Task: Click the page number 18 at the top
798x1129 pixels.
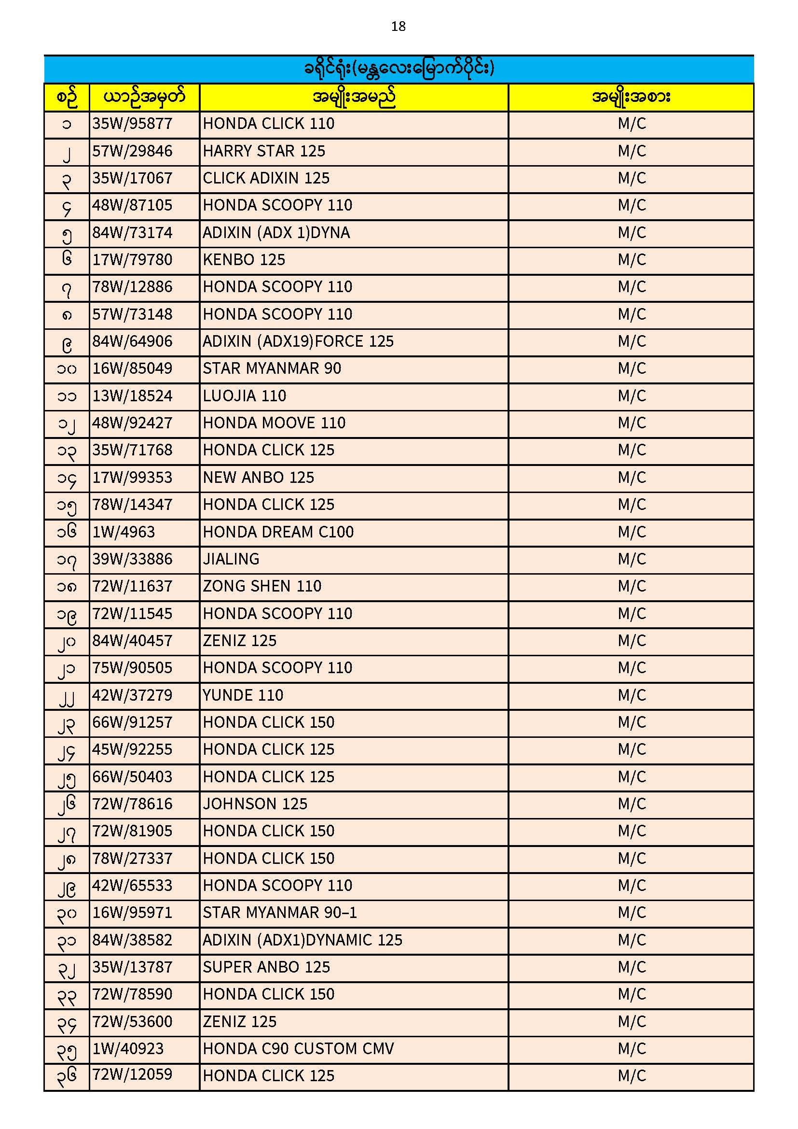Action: coord(398,27)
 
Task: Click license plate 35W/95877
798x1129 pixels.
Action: coord(132,124)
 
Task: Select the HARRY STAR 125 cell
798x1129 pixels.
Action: coord(264,151)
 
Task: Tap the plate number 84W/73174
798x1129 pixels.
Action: coord(132,233)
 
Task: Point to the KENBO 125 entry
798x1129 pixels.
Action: coord(244,260)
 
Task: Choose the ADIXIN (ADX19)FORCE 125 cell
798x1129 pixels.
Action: coord(298,341)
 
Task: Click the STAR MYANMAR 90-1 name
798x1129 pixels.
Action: coord(280,913)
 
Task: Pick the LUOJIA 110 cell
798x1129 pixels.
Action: coord(244,396)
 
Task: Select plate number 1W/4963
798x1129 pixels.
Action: coord(124,532)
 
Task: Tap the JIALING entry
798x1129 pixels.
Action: coord(231,559)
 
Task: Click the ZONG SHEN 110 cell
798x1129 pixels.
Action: coord(262,586)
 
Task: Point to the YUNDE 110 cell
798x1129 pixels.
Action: coord(243,695)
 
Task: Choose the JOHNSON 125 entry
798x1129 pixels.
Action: coord(255,804)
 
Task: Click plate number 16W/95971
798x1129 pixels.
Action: coord(132,913)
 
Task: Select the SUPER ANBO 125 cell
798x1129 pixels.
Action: coord(266,967)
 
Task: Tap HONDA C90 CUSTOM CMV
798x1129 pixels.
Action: coord(298,1049)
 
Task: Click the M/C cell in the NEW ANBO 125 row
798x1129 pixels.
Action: coord(632,478)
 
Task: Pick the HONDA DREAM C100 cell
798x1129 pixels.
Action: coord(278,532)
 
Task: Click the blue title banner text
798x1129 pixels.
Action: coord(399,69)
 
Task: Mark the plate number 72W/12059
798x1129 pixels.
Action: coord(132,1075)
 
